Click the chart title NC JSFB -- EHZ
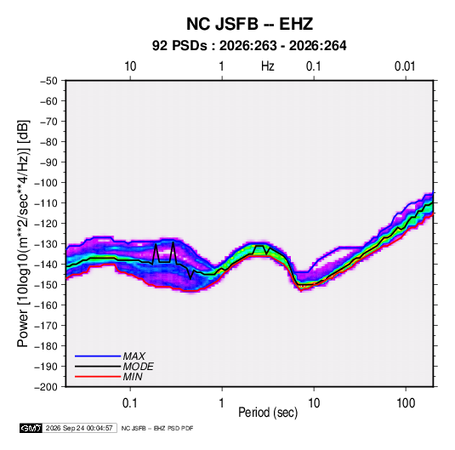pyautogui.click(x=249, y=24)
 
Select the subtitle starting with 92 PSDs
pyautogui.click(x=249, y=46)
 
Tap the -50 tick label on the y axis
pyautogui.click(x=48, y=81)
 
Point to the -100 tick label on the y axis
pyautogui.click(x=46, y=183)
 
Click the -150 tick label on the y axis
pyautogui.click(x=46, y=285)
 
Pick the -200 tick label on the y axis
pyautogui.click(x=46, y=387)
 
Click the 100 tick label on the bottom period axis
pyautogui.click(x=406, y=403)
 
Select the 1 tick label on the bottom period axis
pyautogui.click(x=222, y=403)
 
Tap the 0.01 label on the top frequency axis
pyautogui.click(x=405, y=66)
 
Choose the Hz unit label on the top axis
pyautogui.click(x=268, y=66)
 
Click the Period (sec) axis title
pyautogui.click(x=268, y=413)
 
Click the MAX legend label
pyautogui.click(x=134, y=356)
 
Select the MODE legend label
pyautogui.click(x=138, y=367)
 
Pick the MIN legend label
pyautogui.click(x=133, y=377)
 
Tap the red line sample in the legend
pyautogui.click(x=98, y=377)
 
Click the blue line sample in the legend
pyautogui.click(x=98, y=356)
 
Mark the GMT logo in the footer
pyautogui.click(x=31, y=428)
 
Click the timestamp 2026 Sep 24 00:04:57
pyautogui.click(x=79, y=428)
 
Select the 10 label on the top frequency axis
pyautogui.click(x=130, y=66)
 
